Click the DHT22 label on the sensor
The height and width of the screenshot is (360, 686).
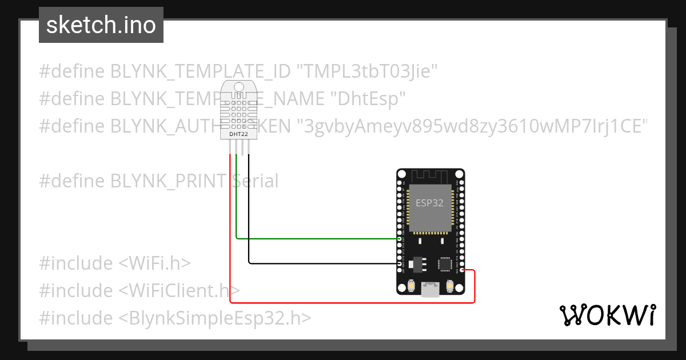240,133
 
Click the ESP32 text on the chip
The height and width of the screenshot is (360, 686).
429,203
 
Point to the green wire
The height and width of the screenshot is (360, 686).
314,238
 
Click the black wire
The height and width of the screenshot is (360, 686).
320,263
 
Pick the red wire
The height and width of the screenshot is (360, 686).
343,302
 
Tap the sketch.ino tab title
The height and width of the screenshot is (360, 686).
101,25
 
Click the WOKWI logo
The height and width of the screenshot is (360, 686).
607,315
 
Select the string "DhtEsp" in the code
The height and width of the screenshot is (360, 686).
368,98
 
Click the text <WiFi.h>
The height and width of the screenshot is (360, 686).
154,263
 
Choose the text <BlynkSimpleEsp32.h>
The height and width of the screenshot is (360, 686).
215,318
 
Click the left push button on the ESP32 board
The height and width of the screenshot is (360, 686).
410,286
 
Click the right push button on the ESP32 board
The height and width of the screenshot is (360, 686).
450,286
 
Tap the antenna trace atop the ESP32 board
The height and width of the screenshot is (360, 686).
430,174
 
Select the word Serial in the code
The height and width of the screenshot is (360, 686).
255,181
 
